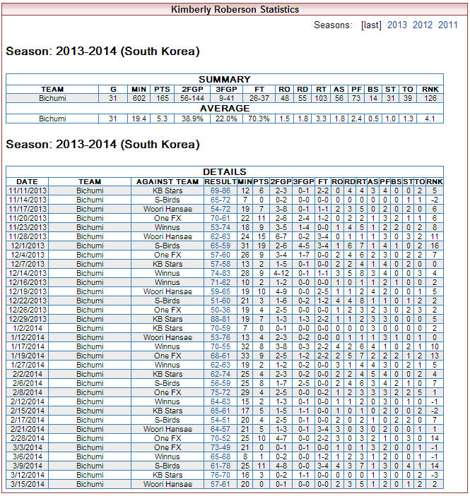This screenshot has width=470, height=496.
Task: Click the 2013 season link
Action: [x=396, y=25]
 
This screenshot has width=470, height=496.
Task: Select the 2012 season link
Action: [x=423, y=25]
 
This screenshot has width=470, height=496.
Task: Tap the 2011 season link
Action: [x=448, y=25]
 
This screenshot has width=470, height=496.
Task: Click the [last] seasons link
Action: [x=371, y=25]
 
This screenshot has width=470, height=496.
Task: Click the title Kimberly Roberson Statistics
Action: [x=235, y=9]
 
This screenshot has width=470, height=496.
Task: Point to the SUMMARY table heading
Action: [x=224, y=80]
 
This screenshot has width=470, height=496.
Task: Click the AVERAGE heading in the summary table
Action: [x=224, y=109]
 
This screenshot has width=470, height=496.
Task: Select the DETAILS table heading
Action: [x=224, y=171]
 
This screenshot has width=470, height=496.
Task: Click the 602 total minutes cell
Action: [x=138, y=99]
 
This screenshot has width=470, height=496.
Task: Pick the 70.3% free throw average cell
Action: [x=260, y=119]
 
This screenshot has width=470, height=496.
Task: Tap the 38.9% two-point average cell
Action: [x=192, y=119]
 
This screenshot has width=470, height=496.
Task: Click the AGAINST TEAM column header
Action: [x=168, y=181]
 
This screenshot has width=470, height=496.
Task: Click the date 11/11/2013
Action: [x=28, y=190]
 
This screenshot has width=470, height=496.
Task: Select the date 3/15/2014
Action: [x=28, y=484]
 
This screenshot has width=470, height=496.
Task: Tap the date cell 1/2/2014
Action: [x=28, y=328]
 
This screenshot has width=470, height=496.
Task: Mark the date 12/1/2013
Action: [x=28, y=246]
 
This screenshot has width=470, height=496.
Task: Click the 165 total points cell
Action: [x=163, y=99]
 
